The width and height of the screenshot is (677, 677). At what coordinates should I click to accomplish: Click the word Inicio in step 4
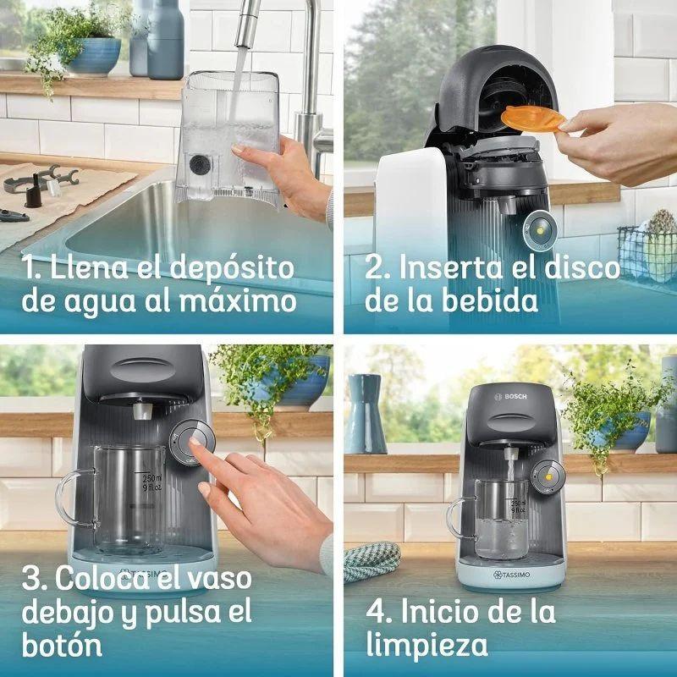click(x=443, y=612)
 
